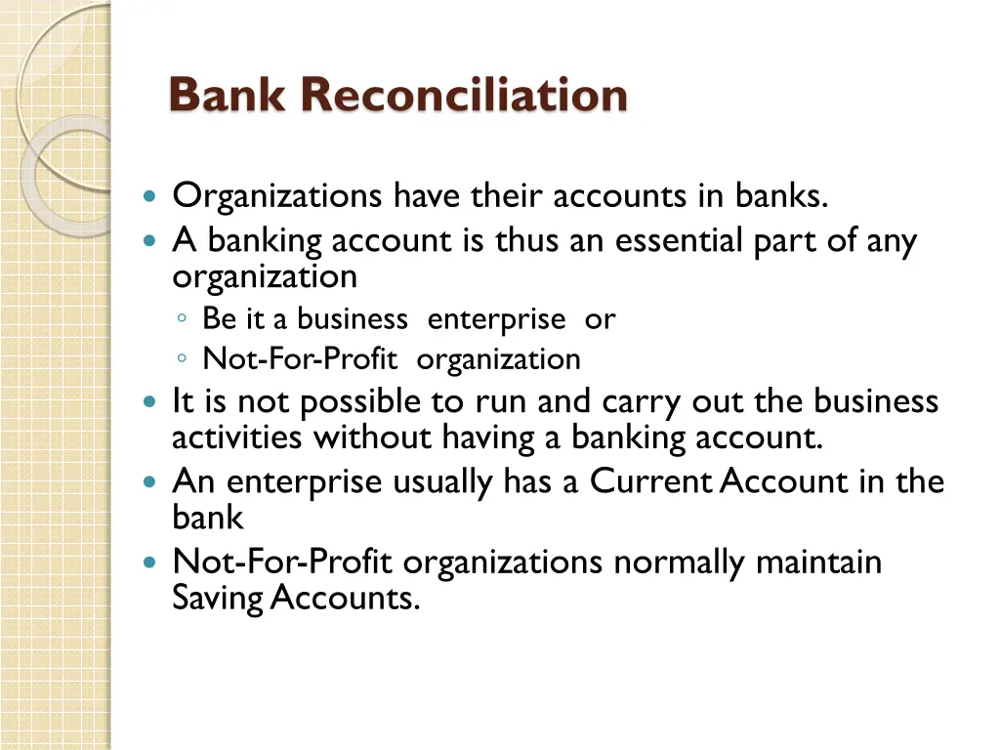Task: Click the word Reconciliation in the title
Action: pyautogui.click(x=464, y=96)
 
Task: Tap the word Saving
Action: pyautogui.click(x=217, y=598)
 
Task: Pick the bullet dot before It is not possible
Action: pyautogui.click(x=148, y=402)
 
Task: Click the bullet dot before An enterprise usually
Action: pyautogui.click(x=148, y=482)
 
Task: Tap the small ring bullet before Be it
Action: pyautogui.click(x=183, y=319)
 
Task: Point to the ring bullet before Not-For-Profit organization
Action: pyautogui.click(x=183, y=360)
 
